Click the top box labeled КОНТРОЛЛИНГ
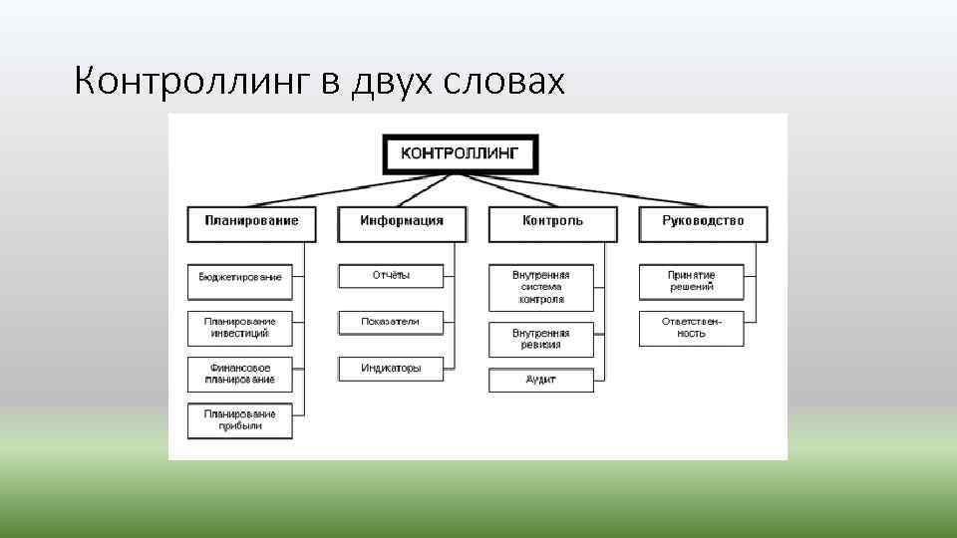click(x=460, y=153)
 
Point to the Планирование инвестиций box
click(x=240, y=328)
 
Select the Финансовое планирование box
click(x=240, y=374)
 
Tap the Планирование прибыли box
click(x=240, y=420)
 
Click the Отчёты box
click(x=391, y=276)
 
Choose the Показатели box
click(x=391, y=322)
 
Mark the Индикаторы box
click(x=391, y=369)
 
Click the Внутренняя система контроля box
click(x=541, y=287)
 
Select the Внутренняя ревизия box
click(x=541, y=339)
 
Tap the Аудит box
click(x=541, y=380)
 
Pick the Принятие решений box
click(x=692, y=282)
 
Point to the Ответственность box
click(x=692, y=328)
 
